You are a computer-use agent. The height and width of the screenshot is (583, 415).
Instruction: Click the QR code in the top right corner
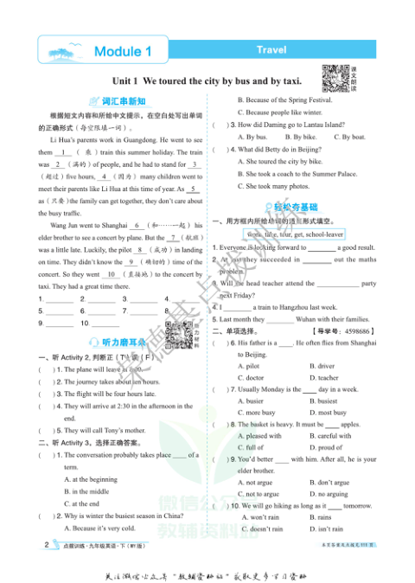point(335,78)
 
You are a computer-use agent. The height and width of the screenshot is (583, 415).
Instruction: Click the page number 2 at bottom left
point(46,546)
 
